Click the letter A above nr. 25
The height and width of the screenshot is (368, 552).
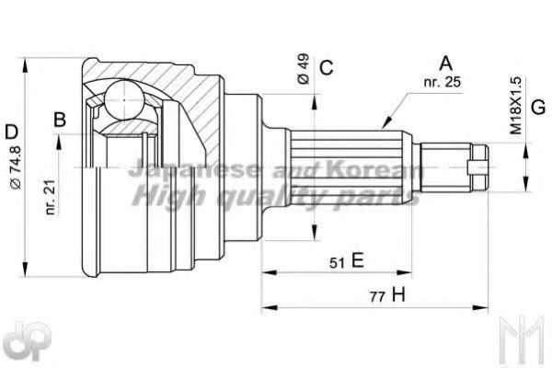[446, 63]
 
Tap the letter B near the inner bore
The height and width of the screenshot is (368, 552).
[60, 120]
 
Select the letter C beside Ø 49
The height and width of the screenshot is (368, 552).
[327, 67]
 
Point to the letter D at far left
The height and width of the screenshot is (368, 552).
[12, 132]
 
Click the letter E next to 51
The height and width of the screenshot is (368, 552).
[357, 260]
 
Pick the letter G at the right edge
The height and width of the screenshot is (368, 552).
[538, 108]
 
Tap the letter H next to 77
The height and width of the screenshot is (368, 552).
[399, 295]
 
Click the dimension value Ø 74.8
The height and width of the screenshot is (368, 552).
[17, 167]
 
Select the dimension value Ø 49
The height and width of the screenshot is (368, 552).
[303, 69]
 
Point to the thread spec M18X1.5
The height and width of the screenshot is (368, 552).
[516, 106]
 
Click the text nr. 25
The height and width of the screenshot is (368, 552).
[443, 82]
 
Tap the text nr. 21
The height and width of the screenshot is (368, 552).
[51, 197]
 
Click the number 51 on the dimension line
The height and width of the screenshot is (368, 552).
[337, 263]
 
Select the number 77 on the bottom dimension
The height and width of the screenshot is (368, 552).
[377, 297]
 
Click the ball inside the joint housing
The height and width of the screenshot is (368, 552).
[124, 100]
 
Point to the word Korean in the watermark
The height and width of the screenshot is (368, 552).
[374, 169]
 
